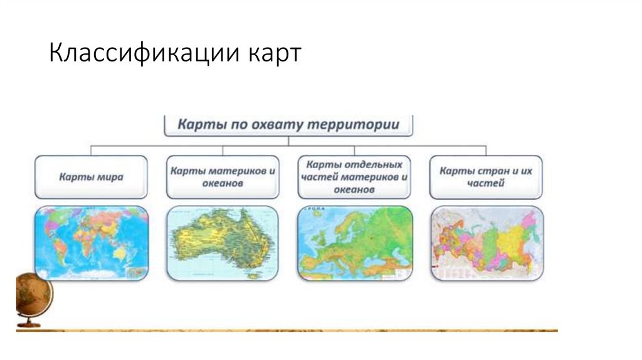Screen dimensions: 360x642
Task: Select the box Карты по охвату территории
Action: point(289,124)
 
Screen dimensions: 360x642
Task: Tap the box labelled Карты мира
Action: point(92,177)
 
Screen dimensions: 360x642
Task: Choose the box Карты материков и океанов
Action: point(224,177)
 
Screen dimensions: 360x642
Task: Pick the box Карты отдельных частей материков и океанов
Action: point(355,177)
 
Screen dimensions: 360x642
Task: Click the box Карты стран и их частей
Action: point(487,177)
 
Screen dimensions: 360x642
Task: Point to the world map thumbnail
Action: point(92,242)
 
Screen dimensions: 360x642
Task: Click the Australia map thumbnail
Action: point(224,242)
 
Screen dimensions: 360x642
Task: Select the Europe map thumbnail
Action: point(355,242)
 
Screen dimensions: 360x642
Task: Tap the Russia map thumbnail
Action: point(487,242)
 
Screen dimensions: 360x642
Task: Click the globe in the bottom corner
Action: point(33,295)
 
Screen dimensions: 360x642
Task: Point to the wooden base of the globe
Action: point(29,324)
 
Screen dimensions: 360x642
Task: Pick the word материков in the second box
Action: point(239,171)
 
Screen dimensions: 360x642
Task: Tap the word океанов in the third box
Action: point(355,189)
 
